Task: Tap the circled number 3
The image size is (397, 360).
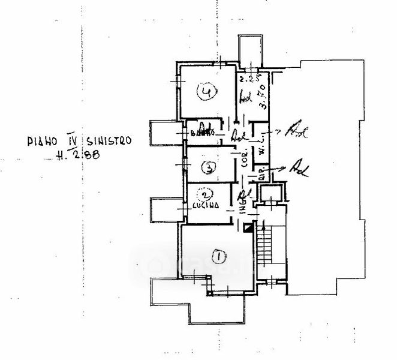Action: [x=207, y=168]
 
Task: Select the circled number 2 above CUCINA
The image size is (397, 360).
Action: [x=206, y=195]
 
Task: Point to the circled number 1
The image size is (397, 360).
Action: [x=219, y=257]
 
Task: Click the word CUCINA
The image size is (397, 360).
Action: [x=206, y=206]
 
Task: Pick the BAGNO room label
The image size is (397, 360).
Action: [x=202, y=132]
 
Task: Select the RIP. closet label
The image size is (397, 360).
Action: [x=262, y=175]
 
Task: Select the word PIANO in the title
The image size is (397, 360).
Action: [x=43, y=142]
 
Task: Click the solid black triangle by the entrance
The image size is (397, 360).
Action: [x=247, y=227]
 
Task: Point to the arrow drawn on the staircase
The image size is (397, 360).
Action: [x=261, y=231]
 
